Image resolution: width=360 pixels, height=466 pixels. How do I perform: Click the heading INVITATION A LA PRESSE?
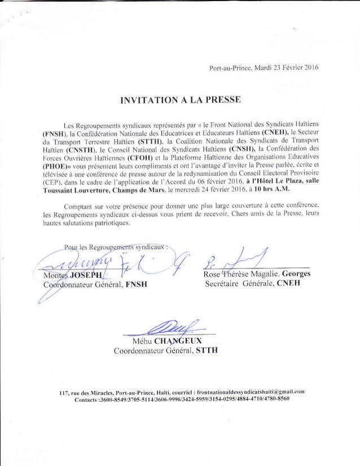[x=179, y=101]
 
